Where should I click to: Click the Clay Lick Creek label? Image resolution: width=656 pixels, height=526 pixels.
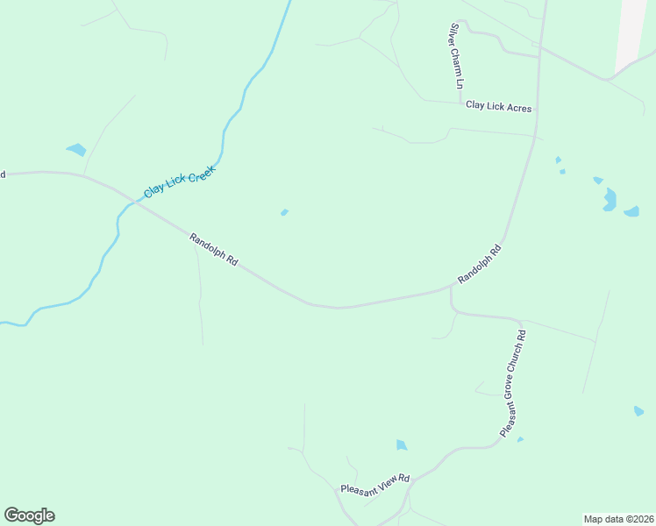click(179, 180)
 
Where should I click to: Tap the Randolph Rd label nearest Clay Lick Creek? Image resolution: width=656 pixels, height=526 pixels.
click(214, 250)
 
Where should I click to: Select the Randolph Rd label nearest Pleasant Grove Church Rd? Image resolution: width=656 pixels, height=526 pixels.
click(479, 264)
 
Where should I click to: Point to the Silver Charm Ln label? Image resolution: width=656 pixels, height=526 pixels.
click(456, 56)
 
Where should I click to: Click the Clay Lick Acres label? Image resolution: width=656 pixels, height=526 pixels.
click(498, 106)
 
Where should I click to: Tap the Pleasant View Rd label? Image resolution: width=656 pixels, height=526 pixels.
click(374, 483)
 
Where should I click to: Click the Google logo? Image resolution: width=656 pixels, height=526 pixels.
click(29, 515)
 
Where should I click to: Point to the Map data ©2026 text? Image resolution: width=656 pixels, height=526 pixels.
click(618, 518)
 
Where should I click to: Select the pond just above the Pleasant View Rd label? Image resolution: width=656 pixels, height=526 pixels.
click(401, 445)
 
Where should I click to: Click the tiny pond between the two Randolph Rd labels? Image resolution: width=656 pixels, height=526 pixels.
click(284, 212)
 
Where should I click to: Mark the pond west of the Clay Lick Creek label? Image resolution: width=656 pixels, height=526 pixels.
click(76, 149)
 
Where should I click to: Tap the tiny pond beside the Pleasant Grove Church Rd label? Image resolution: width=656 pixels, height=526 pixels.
click(520, 439)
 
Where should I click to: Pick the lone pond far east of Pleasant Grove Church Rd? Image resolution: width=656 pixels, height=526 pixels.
click(638, 410)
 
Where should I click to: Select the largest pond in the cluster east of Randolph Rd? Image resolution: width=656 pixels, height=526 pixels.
click(610, 200)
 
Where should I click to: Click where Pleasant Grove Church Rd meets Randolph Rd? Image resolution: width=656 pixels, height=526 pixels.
click(452, 290)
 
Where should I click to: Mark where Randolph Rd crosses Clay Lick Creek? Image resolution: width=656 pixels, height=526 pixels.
click(132, 203)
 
